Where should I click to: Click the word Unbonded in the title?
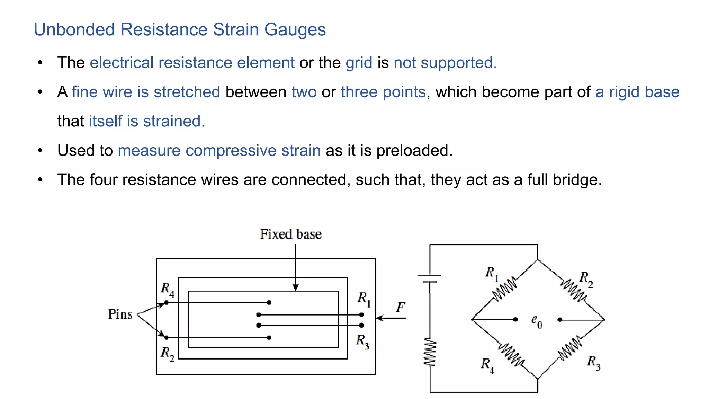pyautogui.click(x=74, y=29)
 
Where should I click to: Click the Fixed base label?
pyautogui.click(x=290, y=234)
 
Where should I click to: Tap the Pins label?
pyautogui.click(x=120, y=314)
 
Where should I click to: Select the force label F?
pyautogui.click(x=401, y=307)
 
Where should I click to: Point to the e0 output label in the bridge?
pyautogui.click(x=537, y=321)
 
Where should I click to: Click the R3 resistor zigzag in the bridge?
pyautogui.click(x=571, y=349)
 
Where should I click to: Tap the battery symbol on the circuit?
pyautogui.click(x=430, y=278)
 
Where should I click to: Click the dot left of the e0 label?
pyautogui.click(x=515, y=320)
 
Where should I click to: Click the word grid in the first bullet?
pyautogui.click(x=359, y=63)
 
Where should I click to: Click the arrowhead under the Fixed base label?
pyautogui.click(x=295, y=287)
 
